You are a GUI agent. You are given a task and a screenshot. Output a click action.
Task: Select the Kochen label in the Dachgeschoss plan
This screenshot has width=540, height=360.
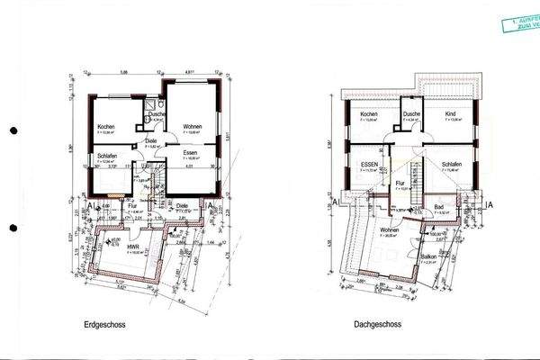click(x=368, y=115)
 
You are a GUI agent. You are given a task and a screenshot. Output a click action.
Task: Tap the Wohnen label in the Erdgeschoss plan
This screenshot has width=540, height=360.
click(x=192, y=127)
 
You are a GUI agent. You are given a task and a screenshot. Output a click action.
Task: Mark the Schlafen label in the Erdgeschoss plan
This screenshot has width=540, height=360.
click(x=107, y=156)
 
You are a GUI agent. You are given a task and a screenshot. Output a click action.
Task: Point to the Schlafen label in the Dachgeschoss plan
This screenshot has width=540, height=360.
click(x=452, y=165)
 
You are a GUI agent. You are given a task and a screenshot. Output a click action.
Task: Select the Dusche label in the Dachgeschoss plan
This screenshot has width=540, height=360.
click(x=412, y=114)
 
